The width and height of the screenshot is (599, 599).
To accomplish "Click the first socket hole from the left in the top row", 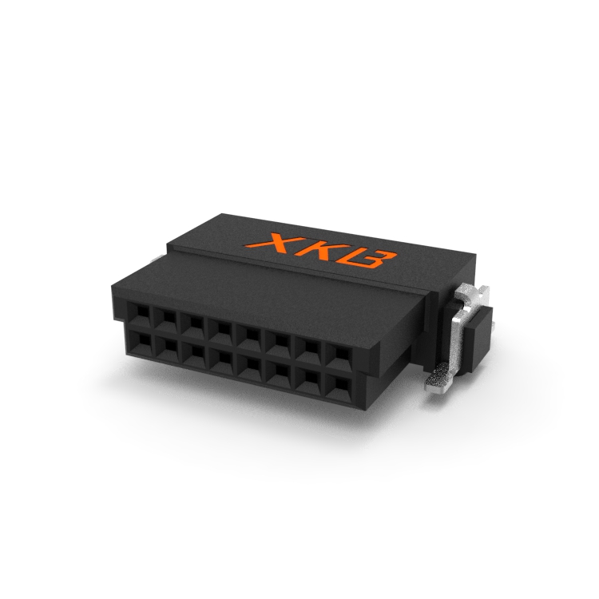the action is [139, 315].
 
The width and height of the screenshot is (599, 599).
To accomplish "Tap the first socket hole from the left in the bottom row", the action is [141, 342].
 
